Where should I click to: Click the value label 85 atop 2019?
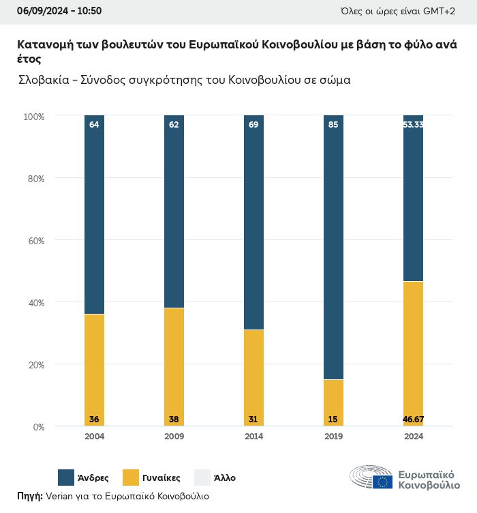coord(333,125)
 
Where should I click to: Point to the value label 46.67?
coord(413,418)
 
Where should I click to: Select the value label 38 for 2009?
coord(174,418)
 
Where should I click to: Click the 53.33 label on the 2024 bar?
coord(413,125)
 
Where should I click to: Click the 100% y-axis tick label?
coord(33,117)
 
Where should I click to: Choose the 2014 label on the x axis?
coord(253,437)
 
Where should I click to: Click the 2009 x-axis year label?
coord(174,437)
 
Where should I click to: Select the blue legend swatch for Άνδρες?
coord(67,478)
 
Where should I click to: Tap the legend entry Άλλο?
coord(224,478)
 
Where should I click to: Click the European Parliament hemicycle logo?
coord(371,477)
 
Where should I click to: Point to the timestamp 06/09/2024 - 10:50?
coord(59,11)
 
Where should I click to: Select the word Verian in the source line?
coord(60,496)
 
